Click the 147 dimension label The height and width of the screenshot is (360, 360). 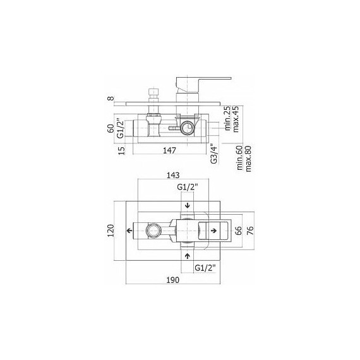tap(169, 150)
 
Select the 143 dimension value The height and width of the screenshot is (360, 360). tap(173, 176)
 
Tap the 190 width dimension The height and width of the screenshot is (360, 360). tap(173, 280)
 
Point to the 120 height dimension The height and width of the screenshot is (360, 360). tap(111, 231)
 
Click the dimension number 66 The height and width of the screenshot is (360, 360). tap(239, 231)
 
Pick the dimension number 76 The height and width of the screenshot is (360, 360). tap(250, 231)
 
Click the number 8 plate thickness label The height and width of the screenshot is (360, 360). tap(111, 99)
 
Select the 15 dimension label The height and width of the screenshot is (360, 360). tap(122, 150)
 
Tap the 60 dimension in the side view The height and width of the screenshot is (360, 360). tap(111, 128)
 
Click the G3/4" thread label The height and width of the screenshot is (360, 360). tap(213, 153)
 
